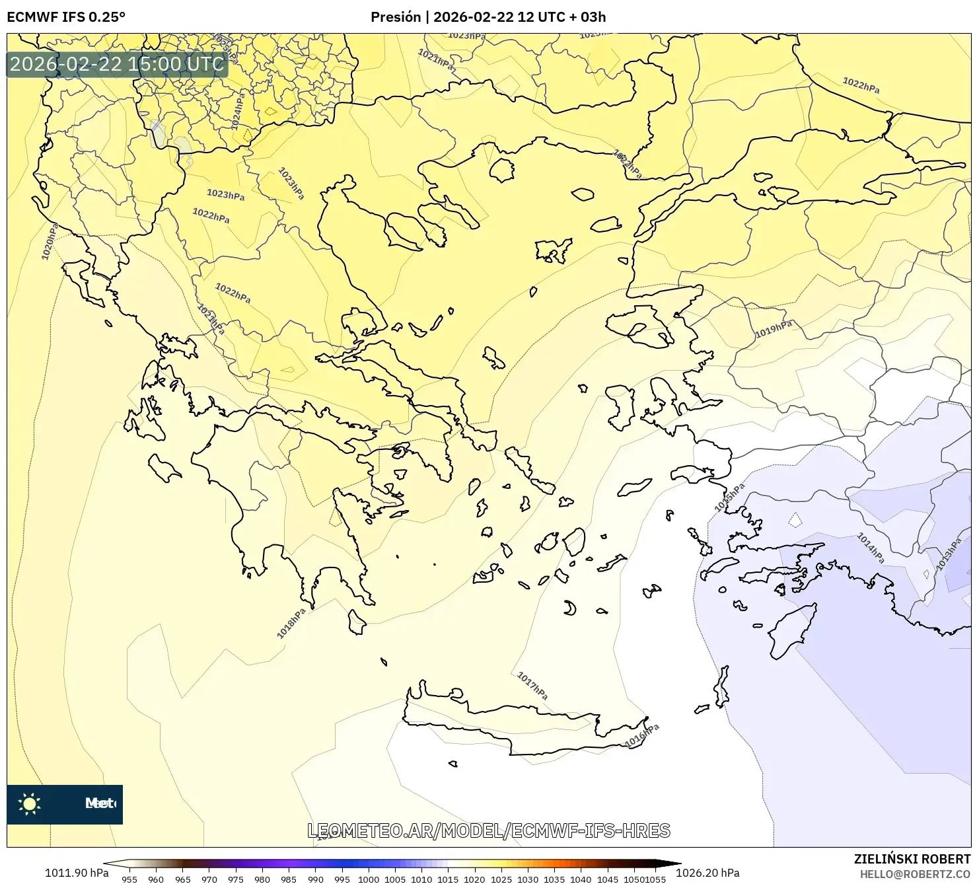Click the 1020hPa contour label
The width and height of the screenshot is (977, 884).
[x=50, y=241]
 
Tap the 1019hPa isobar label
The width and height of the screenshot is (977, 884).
[x=773, y=329]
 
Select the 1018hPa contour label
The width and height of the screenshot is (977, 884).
[x=291, y=623]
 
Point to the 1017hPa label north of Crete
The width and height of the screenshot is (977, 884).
[x=532, y=686]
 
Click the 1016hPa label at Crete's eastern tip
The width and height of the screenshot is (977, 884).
[x=642, y=736]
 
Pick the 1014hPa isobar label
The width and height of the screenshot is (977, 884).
[x=870, y=548]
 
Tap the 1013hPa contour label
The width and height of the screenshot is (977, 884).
[x=949, y=555]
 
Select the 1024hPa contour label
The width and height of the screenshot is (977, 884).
[x=238, y=110]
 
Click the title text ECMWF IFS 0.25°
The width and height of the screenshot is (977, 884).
[x=66, y=17]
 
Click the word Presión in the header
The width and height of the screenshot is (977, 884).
[x=395, y=17]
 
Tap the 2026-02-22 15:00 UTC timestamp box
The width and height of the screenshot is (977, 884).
[x=117, y=64]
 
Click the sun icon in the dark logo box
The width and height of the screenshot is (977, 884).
[x=30, y=804]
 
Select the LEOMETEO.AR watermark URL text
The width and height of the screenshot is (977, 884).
[x=489, y=830]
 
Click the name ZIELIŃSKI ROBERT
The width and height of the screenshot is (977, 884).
[x=912, y=859]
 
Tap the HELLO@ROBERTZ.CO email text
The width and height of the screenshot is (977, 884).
[x=915, y=874]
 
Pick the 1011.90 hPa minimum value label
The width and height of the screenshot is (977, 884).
[x=77, y=873]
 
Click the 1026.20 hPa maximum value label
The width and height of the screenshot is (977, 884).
[x=707, y=873]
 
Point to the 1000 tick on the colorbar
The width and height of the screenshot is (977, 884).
[x=369, y=879]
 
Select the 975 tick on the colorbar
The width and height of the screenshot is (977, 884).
[x=236, y=879]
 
